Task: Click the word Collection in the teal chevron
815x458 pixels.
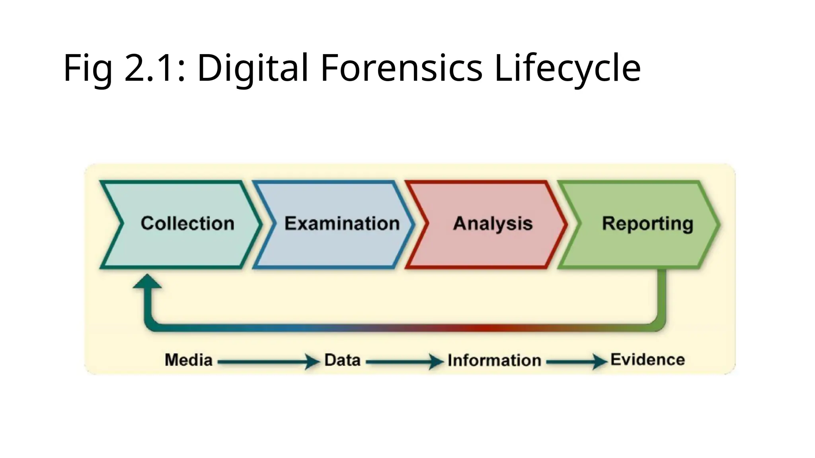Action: tap(187, 223)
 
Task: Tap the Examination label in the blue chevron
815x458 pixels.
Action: tap(342, 223)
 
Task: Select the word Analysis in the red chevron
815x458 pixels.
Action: tap(493, 223)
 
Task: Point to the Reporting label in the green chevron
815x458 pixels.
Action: tap(647, 224)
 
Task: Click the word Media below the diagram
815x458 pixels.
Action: tap(189, 360)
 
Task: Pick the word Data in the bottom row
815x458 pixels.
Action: tap(342, 360)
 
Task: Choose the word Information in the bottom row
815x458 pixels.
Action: tap(494, 361)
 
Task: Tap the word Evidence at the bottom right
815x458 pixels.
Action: tap(647, 360)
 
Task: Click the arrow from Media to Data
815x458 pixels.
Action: tap(269, 362)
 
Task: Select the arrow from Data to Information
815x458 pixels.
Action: tap(404, 362)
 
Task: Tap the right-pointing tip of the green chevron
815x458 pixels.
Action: tap(717, 225)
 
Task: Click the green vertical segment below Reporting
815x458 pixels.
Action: tap(661, 294)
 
